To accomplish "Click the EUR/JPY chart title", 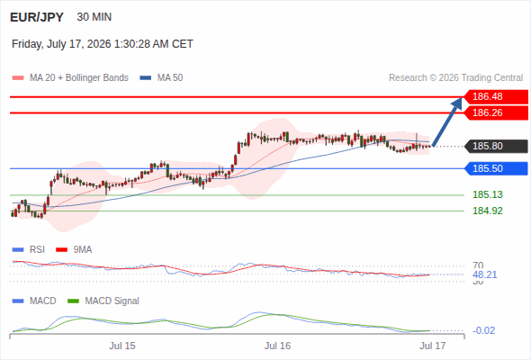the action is tap(37, 17).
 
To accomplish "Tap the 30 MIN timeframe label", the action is tap(94, 17).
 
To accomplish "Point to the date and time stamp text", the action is tap(103, 44).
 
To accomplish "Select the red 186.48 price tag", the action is tap(496, 96).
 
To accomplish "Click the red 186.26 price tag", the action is tap(496, 112).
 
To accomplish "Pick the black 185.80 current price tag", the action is tap(496, 146).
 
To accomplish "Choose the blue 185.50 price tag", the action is tap(496, 168).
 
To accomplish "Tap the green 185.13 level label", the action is tap(488, 194).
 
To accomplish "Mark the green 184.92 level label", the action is tap(488, 211).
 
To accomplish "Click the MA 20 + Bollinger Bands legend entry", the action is tap(70, 78).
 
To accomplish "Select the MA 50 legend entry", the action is tap(161, 78).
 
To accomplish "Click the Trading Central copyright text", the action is tap(455, 78).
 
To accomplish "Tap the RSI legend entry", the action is tap(29, 249).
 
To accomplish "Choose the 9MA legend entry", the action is tap(74, 249).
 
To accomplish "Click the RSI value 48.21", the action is tap(485, 274).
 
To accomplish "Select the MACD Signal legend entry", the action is tap(103, 301).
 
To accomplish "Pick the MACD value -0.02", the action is tap(483, 330).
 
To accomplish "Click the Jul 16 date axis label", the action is tap(277, 346).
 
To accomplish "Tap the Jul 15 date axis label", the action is tap(122, 346).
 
